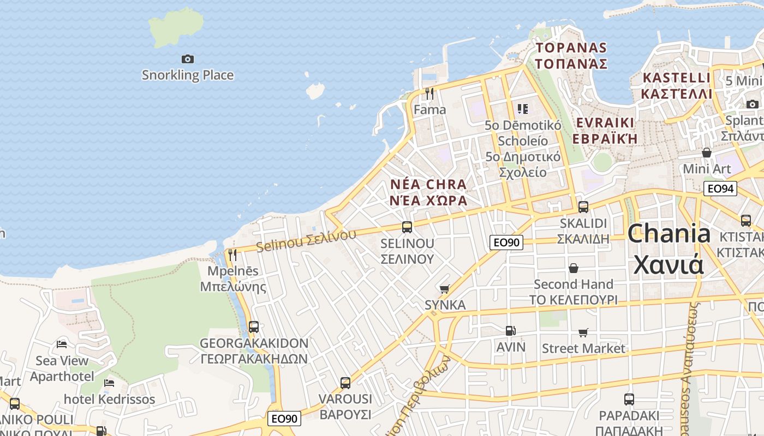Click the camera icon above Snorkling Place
tap(187, 59)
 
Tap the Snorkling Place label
tap(187, 75)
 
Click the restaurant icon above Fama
tap(429, 94)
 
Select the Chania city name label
tap(668, 249)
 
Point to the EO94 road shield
tap(720, 189)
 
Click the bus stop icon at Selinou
tap(407, 227)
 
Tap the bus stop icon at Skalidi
tap(583, 207)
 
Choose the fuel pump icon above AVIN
tap(510, 330)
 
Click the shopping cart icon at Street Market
tap(583, 332)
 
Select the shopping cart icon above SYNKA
tap(445, 289)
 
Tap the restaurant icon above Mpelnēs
tap(232, 255)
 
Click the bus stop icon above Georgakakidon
tap(254, 327)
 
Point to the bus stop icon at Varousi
tap(345, 383)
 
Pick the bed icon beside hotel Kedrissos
tap(109, 383)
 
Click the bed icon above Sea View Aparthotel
tap(62, 344)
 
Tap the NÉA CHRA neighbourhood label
tap(429, 192)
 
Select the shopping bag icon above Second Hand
tap(574, 268)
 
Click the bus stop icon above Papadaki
tap(629, 399)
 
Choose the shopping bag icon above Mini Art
tap(707, 153)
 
